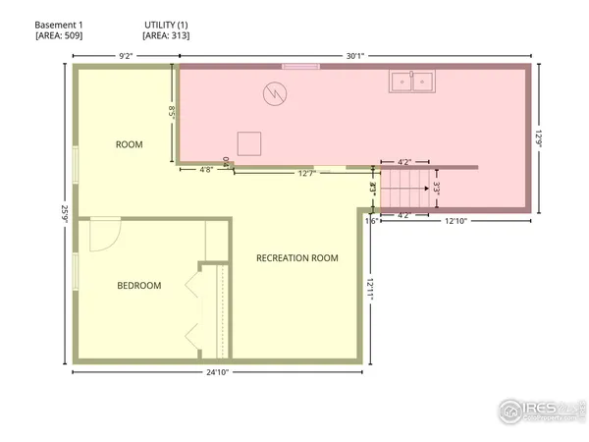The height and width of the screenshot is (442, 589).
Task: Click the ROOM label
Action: click(130, 144)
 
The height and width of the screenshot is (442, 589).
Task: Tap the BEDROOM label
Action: click(139, 286)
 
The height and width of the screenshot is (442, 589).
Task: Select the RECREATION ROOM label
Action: click(296, 258)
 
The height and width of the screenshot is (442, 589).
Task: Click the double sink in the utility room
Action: click(411, 82)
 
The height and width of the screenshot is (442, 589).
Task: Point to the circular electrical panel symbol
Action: click(275, 94)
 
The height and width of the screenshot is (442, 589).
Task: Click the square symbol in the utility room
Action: click(249, 142)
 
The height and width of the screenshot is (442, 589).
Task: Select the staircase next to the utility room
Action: click(405, 190)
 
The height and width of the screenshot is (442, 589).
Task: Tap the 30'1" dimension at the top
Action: click(355, 56)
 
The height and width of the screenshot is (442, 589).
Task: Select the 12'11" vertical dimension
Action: click(372, 288)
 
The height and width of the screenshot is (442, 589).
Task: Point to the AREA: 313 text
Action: click(166, 35)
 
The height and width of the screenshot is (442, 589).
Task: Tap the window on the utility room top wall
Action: click(300, 66)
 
